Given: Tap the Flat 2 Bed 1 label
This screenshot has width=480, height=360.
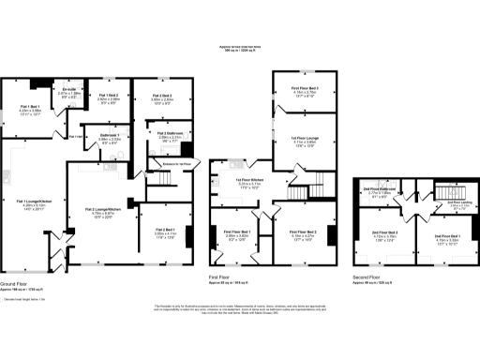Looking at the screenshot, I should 166,232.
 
